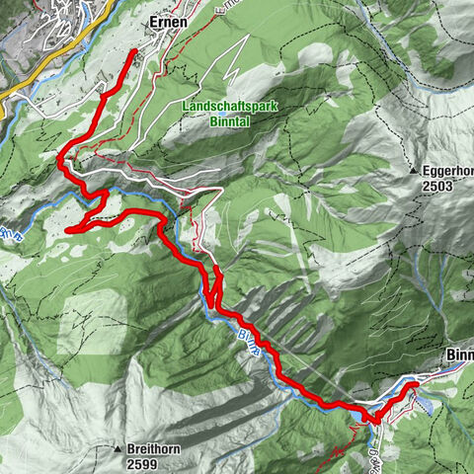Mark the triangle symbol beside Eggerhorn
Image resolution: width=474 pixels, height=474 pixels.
coord(414,172)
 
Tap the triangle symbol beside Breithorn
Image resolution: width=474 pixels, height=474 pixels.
coord(118,448)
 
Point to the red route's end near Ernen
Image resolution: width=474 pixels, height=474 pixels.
coord(133,50)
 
